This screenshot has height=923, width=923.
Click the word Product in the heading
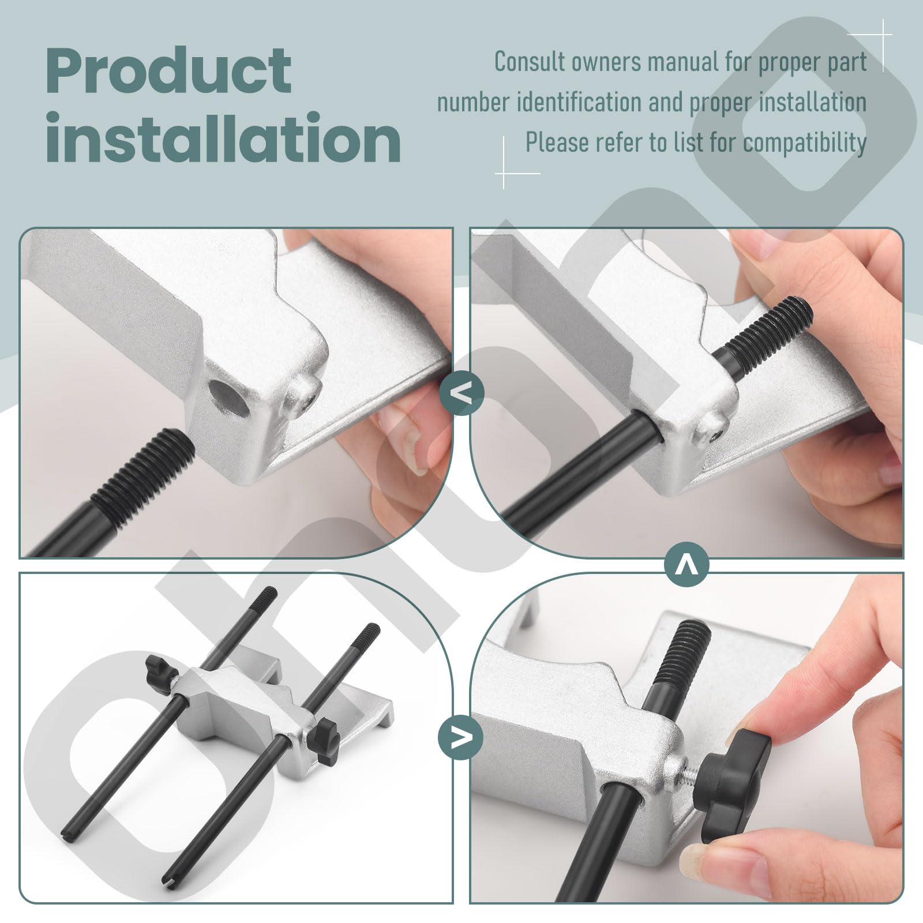(x=168, y=73)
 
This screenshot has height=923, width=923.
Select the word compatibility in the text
(x=804, y=142)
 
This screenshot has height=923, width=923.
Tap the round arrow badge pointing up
(x=686, y=564)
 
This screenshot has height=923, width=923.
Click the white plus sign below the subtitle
(x=504, y=172)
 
